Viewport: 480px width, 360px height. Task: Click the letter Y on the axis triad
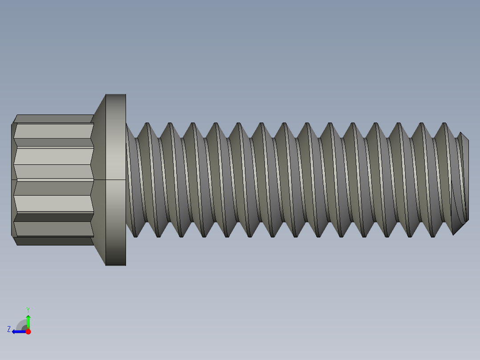(x=28, y=309)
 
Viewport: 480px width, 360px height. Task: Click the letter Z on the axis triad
(x=9, y=329)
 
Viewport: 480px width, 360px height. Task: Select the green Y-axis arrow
(x=28, y=321)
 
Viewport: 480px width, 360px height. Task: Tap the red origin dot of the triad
(x=28, y=331)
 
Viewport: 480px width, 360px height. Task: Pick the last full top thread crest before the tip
(x=444, y=124)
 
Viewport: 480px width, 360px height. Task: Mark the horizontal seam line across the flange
(x=116, y=180)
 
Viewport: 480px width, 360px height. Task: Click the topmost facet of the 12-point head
(x=53, y=119)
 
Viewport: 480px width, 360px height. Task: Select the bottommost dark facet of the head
(x=53, y=241)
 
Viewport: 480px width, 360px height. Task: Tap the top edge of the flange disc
(x=116, y=95)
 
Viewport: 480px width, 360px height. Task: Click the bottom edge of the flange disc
(x=116, y=265)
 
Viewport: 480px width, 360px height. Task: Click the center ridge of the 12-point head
(x=53, y=180)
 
